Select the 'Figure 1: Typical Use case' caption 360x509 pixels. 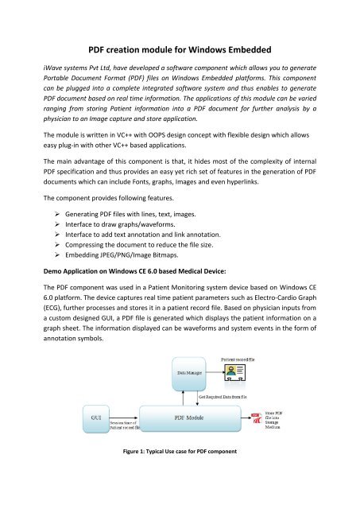180,475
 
